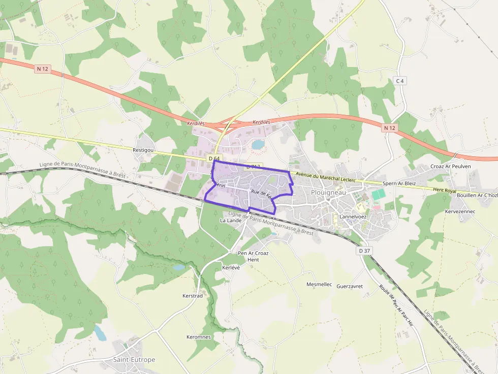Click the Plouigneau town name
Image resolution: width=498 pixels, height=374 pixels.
[x=328, y=192]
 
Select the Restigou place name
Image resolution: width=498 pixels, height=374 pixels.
[x=143, y=150]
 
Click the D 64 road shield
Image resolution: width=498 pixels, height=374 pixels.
[x=214, y=159]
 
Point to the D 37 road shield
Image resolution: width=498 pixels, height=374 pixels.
[x=364, y=251]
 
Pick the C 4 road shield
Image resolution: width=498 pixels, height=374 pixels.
[x=401, y=81]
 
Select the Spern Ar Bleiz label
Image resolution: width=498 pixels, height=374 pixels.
[x=398, y=183]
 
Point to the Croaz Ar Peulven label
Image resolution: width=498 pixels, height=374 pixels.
[x=451, y=166]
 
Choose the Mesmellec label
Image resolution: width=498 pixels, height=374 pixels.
[x=319, y=285]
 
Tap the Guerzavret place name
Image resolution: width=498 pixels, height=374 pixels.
[x=350, y=286]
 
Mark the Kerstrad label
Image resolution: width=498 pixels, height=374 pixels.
[x=193, y=295]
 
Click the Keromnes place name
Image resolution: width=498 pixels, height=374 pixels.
[x=199, y=337]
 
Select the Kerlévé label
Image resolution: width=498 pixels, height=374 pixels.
[x=231, y=267]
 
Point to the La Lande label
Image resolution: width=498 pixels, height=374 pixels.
[x=230, y=221]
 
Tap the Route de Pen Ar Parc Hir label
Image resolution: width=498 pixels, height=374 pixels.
[x=396, y=304]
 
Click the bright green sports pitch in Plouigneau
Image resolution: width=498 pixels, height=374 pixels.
[x=378, y=194]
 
